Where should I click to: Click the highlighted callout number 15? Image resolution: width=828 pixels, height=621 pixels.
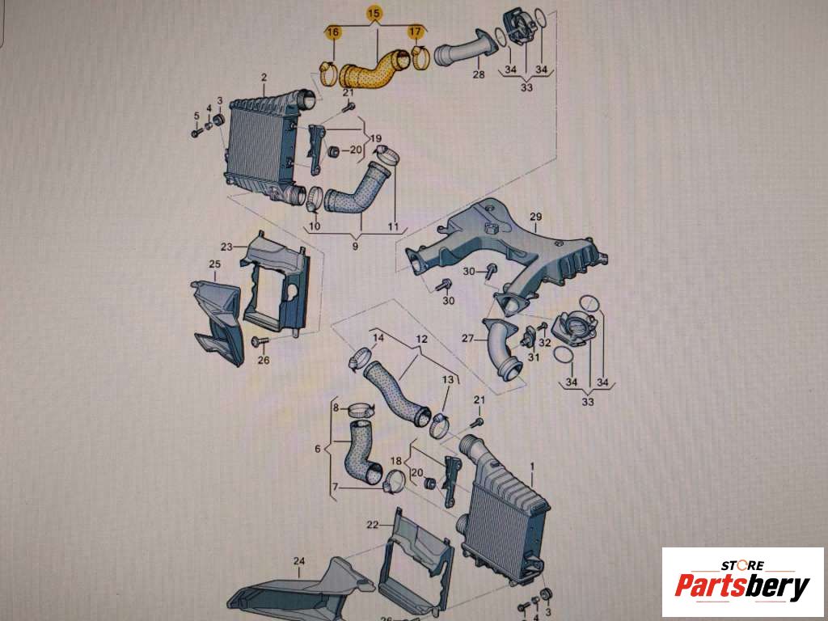tap(374, 15)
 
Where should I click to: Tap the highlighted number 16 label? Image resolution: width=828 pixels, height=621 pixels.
tap(333, 32)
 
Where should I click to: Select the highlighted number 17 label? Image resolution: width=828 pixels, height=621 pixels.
tap(416, 32)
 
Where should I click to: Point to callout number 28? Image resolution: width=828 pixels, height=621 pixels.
tap(479, 74)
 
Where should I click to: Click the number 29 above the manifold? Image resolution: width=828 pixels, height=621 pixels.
tap(535, 217)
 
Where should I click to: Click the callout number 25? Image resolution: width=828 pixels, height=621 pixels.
tap(214, 264)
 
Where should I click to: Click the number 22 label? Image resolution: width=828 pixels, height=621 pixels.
tap(373, 524)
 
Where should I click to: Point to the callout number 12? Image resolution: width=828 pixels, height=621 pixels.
tap(420, 339)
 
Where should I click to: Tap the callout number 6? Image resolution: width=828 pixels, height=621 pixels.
tap(317, 449)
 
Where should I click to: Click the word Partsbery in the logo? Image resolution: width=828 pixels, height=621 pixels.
tap(742, 586)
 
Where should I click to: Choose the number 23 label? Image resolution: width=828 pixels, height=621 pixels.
tap(226, 247)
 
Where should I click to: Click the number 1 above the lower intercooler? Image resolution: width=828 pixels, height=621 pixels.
tap(532, 467)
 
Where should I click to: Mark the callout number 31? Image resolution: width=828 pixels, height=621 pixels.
tap(534, 357)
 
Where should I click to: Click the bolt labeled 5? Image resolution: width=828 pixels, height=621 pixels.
tap(196, 132)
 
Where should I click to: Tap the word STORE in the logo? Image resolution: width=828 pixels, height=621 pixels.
tap(742, 565)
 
